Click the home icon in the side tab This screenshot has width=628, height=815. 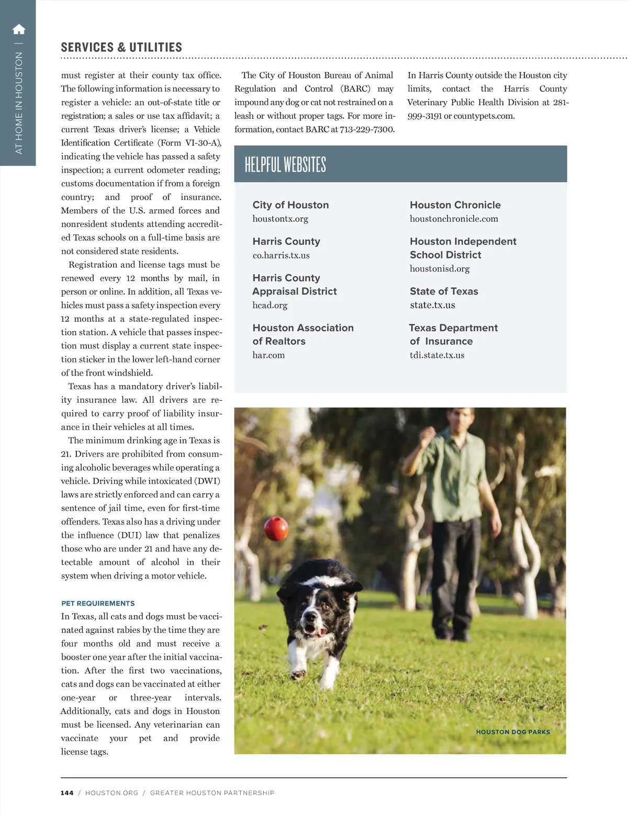coord(19,29)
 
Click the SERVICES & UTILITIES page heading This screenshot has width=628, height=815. coord(121,47)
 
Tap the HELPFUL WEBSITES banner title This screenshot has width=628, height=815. coord(285,164)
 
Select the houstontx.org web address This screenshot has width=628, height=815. coord(280,219)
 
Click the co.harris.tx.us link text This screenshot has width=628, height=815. coord(281,255)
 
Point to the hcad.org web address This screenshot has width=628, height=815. coord(270,305)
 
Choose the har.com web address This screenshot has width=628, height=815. coord(268,355)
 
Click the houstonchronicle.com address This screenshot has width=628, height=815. coord(454,219)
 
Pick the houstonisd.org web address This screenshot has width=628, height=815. coord(440,269)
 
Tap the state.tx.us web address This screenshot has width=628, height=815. coord(432,305)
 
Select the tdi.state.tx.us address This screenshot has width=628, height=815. coord(437,355)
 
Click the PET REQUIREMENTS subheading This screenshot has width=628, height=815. coord(98,603)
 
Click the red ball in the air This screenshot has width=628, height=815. coord(276,528)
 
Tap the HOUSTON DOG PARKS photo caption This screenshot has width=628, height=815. coord(513,732)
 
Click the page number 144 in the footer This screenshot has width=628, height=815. coord(67,793)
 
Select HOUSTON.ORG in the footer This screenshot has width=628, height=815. coord(111,793)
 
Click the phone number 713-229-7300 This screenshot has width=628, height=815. coord(367,129)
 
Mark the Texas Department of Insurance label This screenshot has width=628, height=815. coord(453,334)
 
